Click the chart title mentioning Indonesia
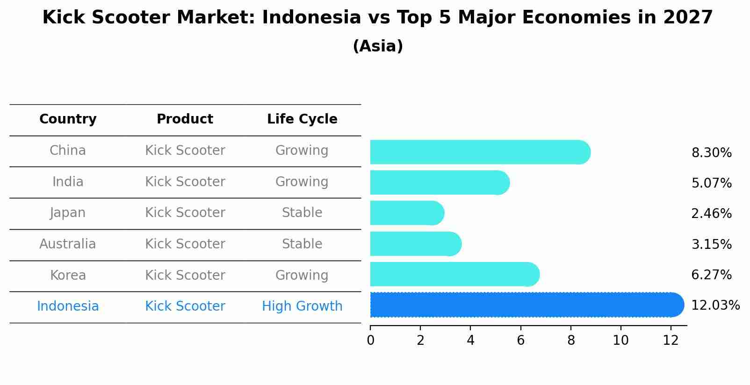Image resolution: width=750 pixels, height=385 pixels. click(x=377, y=18)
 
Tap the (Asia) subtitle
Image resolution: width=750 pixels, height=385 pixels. click(x=378, y=46)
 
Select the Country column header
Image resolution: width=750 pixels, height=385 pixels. click(x=68, y=119)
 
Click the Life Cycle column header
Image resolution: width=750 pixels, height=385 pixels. click(x=302, y=119)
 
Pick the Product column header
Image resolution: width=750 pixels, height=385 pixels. click(x=185, y=119)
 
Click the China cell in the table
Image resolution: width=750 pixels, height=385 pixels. click(x=68, y=151)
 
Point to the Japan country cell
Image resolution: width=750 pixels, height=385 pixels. click(x=68, y=213)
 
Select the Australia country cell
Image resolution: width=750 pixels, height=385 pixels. click(x=68, y=244)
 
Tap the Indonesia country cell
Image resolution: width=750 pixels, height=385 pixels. click(x=68, y=306)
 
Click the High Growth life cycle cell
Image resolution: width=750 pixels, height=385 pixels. click(x=302, y=306)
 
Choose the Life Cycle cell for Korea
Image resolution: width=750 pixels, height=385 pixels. click(x=302, y=275)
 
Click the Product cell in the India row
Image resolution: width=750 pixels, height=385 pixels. click(x=185, y=182)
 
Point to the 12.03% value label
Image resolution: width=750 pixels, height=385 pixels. click(x=715, y=305)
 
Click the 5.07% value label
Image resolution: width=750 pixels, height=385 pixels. click(x=711, y=183)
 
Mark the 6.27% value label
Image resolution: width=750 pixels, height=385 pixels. click(x=711, y=275)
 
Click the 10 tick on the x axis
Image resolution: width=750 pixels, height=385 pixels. click(x=620, y=341)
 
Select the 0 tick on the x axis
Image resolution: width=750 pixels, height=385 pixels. click(x=370, y=341)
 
